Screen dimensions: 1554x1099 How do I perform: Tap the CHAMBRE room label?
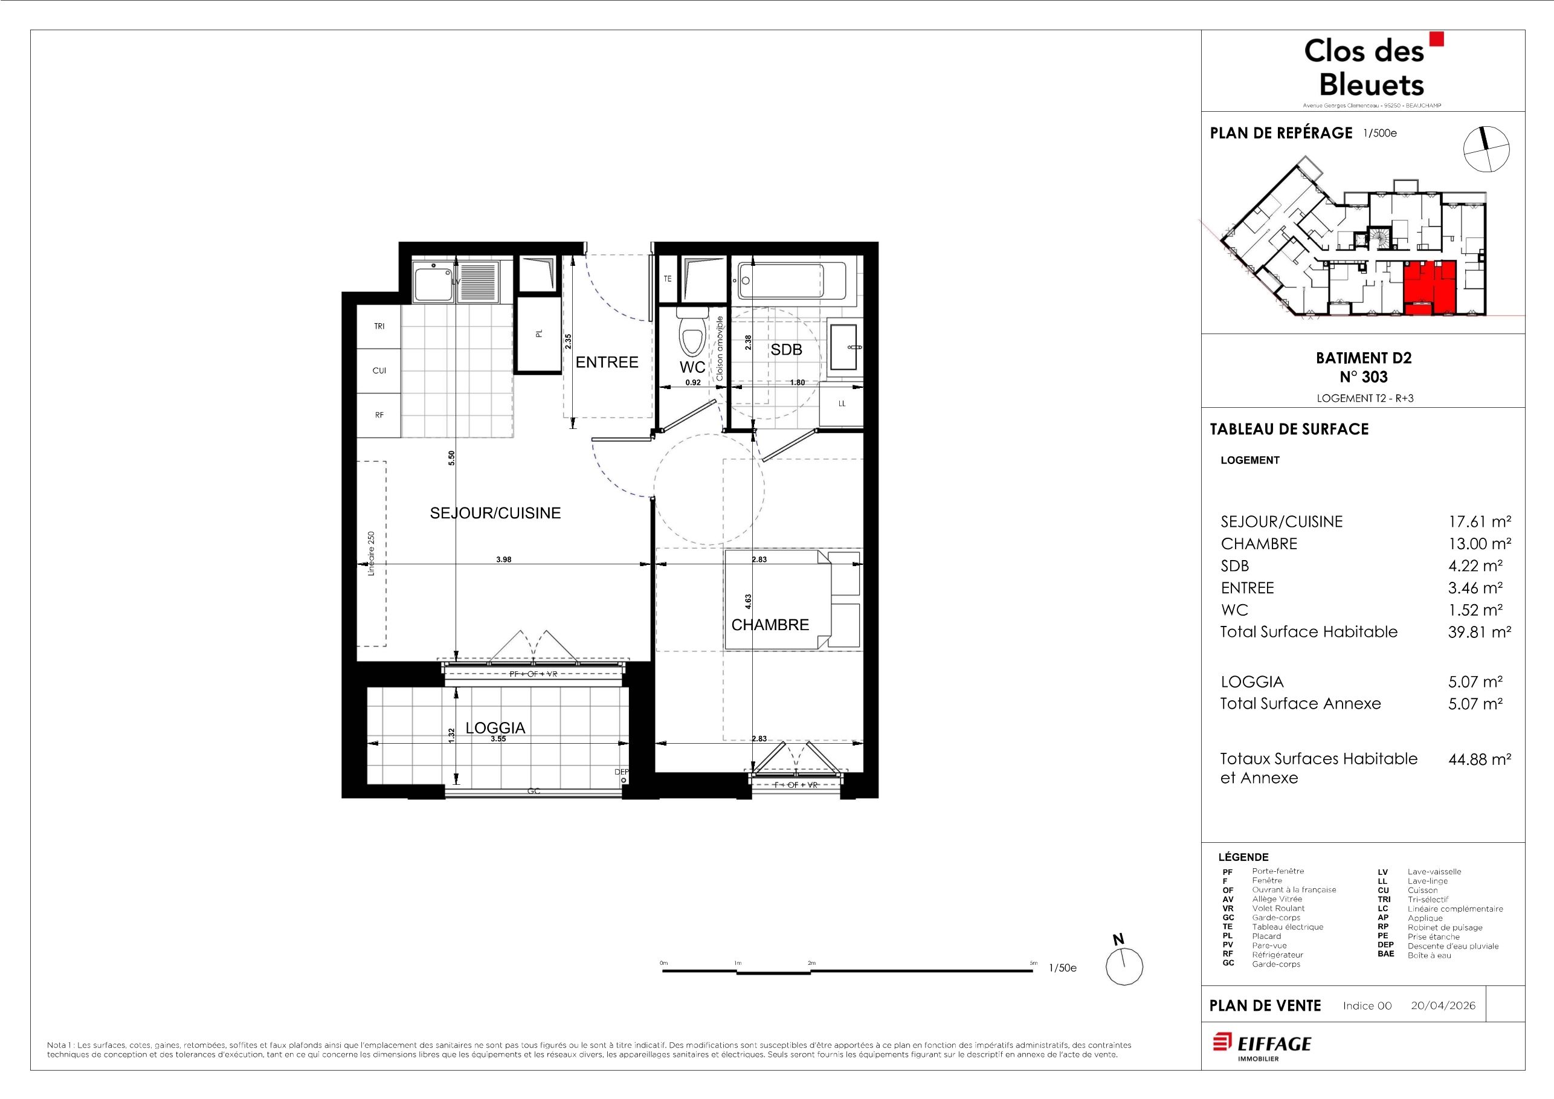click(770, 625)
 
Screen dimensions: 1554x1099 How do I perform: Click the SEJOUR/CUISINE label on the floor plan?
click(495, 513)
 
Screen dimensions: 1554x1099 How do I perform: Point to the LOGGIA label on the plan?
click(495, 727)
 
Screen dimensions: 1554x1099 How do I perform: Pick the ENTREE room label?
click(607, 362)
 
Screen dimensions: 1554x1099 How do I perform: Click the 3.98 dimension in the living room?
click(503, 559)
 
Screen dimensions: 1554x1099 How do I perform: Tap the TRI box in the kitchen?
click(379, 326)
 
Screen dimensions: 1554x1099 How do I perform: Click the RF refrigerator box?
click(379, 415)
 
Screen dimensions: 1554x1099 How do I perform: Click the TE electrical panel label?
click(668, 279)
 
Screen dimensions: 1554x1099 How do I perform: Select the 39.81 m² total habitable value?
click(1480, 632)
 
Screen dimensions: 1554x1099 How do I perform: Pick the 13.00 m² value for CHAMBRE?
click(1480, 543)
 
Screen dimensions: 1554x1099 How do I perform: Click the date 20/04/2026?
click(1443, 1005)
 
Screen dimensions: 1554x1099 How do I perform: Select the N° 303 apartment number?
click(1363, 377)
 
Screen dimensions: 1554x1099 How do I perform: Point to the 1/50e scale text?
click(1063, 968)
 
